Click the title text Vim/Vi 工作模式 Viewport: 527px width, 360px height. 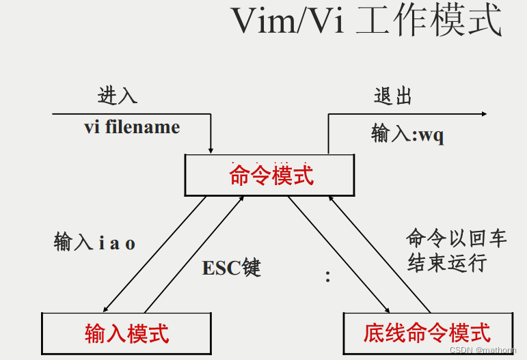(x=366, y=22)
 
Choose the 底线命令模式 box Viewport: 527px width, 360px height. (x=427, y=333)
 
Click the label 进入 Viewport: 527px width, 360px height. (x=118, y=96)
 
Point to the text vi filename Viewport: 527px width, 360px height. (x=132, y=127)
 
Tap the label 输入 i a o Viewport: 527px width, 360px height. (x=95, y=243)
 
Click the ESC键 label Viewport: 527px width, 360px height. (x=231, y=268)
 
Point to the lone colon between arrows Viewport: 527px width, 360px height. (x=328, y=277)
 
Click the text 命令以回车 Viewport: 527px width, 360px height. (x=456, y=238)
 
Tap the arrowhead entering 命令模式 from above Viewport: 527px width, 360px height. (x=211, y=149)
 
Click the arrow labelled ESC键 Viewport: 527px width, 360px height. (x=195, y=253)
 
